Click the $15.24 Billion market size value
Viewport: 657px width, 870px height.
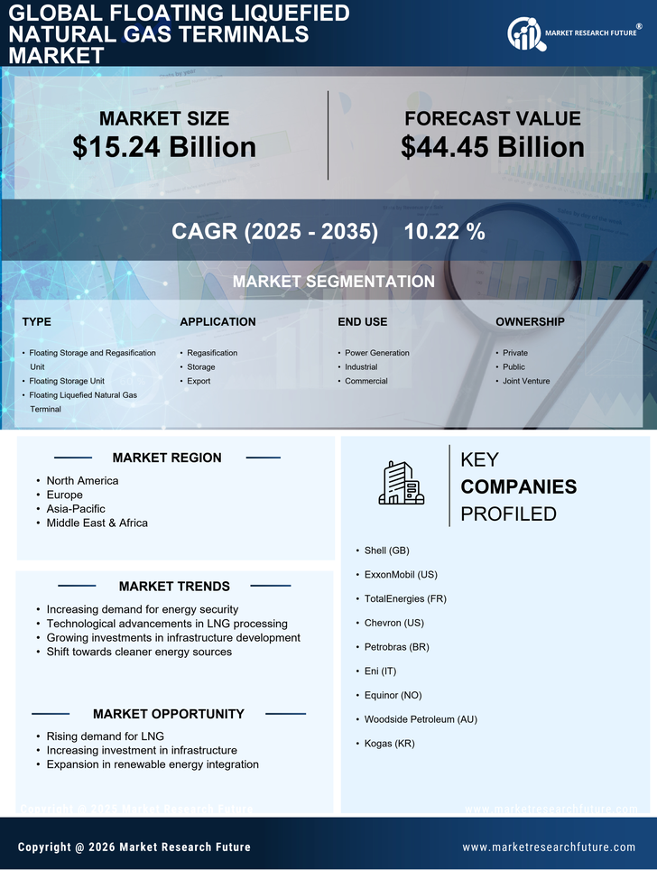click(x=164, y=147)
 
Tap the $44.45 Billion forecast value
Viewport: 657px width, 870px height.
click(x=493, y=147)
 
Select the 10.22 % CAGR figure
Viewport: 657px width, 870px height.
click(x=444, y=231)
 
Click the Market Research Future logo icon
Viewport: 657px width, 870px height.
click(x=523, y=34)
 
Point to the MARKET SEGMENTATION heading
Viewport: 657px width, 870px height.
click(x=333, y=282)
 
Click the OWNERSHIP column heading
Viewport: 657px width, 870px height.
click(x=530, y=321)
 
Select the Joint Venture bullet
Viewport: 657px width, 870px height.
click(x=527, y=381)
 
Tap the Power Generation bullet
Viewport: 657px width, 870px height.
click(x=376, y=353)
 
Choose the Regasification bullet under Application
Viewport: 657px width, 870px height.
click(x=212, y=353)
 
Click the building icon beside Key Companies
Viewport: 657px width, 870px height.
click(x=401, y=483)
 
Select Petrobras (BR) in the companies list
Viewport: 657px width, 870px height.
click(x=396, y=647)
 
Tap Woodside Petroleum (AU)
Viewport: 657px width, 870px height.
click(x=421, y=719)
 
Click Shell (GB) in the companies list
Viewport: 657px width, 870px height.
click(x=386, y=550)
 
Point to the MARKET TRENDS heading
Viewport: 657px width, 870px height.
click(x=174, y=587)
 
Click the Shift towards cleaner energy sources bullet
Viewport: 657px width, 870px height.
click(x=139, y=652)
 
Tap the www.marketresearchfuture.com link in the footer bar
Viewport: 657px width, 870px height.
click(x=549, y=847)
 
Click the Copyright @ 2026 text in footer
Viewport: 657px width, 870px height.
click(x=134, y=847)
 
